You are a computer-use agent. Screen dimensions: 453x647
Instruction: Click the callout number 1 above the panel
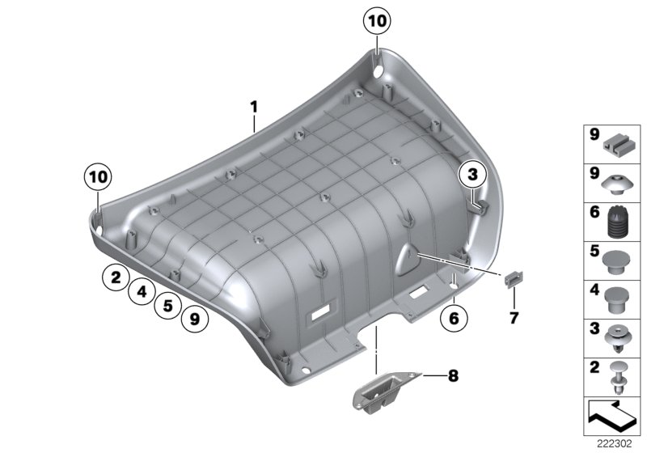253,106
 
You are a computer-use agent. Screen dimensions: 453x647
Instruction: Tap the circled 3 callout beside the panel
472,173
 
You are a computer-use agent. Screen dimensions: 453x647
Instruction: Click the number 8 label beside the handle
452,375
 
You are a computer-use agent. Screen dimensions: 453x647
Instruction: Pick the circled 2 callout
116,278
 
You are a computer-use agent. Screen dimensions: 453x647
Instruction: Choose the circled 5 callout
167,306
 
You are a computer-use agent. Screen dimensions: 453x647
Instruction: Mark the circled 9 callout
194,320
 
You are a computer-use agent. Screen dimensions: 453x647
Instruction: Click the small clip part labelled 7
512,279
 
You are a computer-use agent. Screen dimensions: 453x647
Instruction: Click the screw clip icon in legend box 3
618,337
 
